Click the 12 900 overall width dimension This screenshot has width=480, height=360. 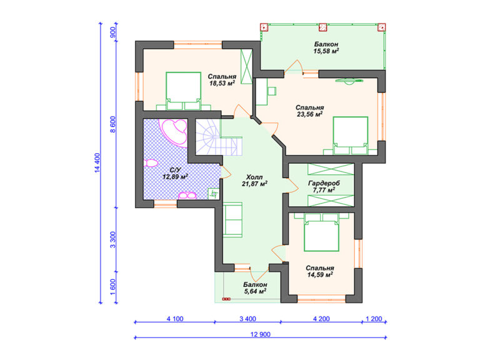pos(261,334)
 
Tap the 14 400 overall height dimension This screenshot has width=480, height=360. pos(97,163)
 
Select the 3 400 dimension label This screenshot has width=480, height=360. pos(247,319)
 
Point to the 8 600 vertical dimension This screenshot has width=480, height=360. pos(113,124)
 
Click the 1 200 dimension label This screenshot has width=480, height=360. pos(374,319)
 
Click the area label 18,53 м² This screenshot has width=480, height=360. pos(222,83)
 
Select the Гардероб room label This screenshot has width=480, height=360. pos(324,183)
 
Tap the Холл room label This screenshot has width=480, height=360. pos(254,177)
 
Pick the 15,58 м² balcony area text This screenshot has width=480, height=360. pos(326,51)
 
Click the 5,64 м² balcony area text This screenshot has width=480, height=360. pos(255,291)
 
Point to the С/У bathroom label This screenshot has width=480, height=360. pos(176,170)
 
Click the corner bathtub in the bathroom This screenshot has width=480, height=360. pos(174,132)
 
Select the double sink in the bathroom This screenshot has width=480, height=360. pos(187,195)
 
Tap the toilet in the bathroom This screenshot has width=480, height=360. pos(151,163)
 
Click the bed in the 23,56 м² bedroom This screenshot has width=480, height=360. pos(351,136)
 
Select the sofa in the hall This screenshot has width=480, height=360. pos(232,219)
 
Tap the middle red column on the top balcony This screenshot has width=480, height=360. pos(322,27)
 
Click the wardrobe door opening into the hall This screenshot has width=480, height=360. pos(292,185)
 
